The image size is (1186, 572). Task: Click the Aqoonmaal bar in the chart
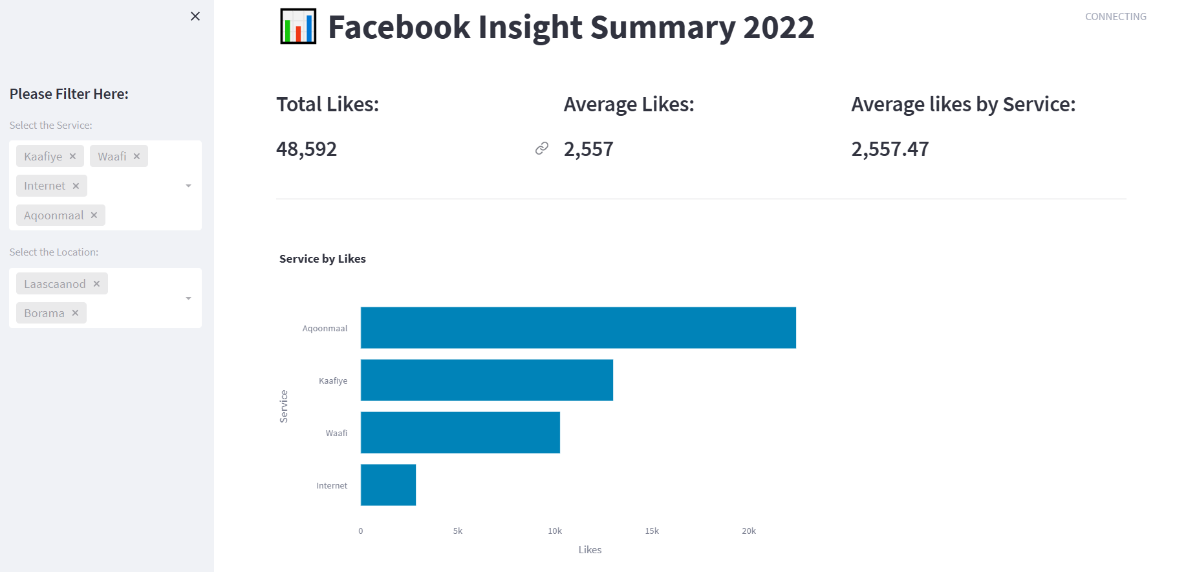tap(578, 327)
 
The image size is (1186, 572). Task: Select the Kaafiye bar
tap(486, 380)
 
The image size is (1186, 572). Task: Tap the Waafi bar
tap(460, 432)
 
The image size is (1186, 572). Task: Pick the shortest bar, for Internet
tap(388, 485)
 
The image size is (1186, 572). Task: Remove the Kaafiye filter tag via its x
tap(72, 156)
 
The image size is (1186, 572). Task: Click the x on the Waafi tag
tap(136, 156)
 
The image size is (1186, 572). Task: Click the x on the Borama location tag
tap(75, 313)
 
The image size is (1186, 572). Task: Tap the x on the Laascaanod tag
tap(96, 283)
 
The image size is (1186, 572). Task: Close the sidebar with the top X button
tap(195, 16)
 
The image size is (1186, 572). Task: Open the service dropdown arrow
tap(188, 186)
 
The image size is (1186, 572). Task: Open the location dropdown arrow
tap(188, 298)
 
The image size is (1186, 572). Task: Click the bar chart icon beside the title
tap(298, 27)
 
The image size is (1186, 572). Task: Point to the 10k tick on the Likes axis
tap(555, 531)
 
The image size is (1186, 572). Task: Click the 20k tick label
tap(749, 531)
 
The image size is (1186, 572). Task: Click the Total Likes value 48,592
tap(307, 149)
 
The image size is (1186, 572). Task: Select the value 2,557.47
tap(890, 149)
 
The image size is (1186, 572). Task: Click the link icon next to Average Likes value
tap(542, 149)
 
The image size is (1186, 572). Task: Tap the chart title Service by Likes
tap(323, 259)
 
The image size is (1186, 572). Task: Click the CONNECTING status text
tap(1116, 17)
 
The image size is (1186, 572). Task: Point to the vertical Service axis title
tap(284, 406)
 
